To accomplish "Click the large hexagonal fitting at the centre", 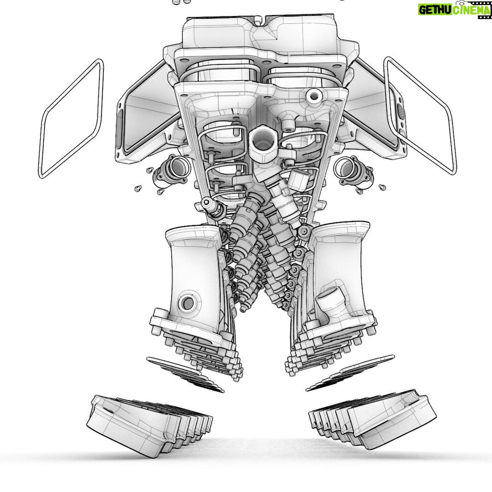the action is coord(262,142).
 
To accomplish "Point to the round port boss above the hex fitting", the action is coord(313,95).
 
